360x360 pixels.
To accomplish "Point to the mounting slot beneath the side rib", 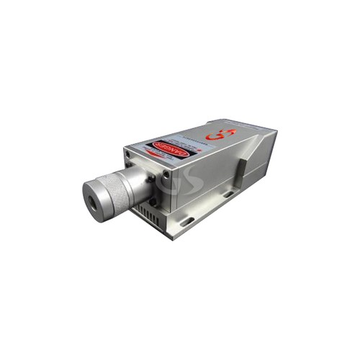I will [228, 194].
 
